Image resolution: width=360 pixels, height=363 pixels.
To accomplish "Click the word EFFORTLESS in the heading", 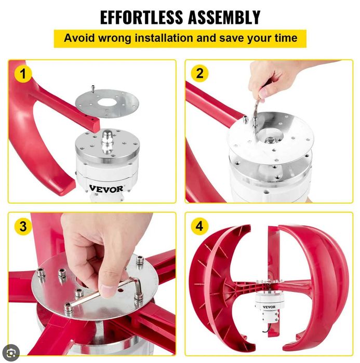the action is point(141,17).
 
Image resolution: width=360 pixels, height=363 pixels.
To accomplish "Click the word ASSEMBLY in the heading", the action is point(224,17).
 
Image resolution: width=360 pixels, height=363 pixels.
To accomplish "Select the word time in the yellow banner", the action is point(286,38).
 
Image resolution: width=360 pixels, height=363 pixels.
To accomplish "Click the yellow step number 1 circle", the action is point(23,74).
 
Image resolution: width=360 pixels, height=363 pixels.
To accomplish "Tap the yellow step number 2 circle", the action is point(199,73).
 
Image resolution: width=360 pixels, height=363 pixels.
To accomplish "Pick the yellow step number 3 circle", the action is point(23,226).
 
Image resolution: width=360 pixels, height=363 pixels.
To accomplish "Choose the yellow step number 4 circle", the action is point(199,226).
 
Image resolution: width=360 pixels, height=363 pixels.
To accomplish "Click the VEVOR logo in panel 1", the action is point(106,189).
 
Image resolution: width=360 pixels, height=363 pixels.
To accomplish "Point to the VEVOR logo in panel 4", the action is point(269,307).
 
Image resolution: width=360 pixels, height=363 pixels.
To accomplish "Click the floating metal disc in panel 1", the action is point(107,103).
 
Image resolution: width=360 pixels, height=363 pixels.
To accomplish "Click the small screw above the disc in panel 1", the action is point(93,89).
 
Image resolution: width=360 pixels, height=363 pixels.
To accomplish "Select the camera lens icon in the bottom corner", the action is point(11,353).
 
